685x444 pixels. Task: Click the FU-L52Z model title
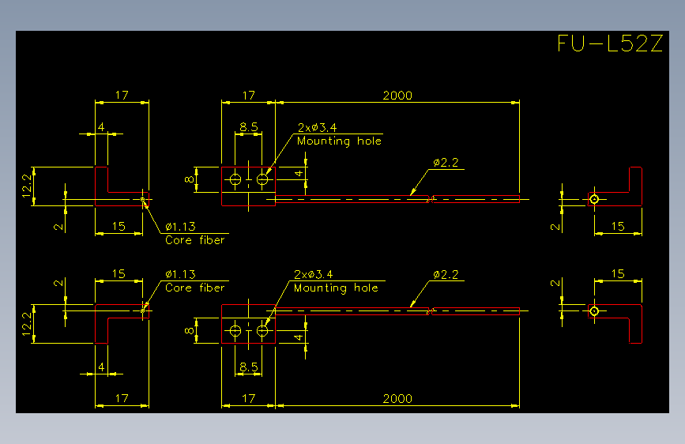point(610,43)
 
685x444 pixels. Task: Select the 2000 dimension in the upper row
point(397,96)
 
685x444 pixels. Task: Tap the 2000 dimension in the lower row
point(397,398)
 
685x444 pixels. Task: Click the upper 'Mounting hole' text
point(339,141)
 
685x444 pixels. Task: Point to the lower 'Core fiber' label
point(195,288)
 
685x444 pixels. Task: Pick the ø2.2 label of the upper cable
point(446,163)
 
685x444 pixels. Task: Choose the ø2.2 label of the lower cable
point(446,274)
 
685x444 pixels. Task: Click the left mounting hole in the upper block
point(235,179)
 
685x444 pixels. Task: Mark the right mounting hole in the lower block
point(262,331)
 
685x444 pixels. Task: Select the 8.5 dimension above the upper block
point(249,126)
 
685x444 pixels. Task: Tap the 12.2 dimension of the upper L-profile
point(27,186)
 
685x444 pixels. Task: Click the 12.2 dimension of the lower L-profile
point(27,324)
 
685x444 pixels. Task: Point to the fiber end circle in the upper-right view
point(594,199)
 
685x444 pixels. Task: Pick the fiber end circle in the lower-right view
point(594,311)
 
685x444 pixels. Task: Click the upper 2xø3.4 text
point(317,128)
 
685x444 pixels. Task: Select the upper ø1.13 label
point(180,227)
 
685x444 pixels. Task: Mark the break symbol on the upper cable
point(431,199)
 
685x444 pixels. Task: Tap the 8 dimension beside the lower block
point(189,331)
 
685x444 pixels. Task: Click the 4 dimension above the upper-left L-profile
point(101,126)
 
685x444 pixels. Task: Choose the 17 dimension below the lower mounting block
point(249,398)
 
